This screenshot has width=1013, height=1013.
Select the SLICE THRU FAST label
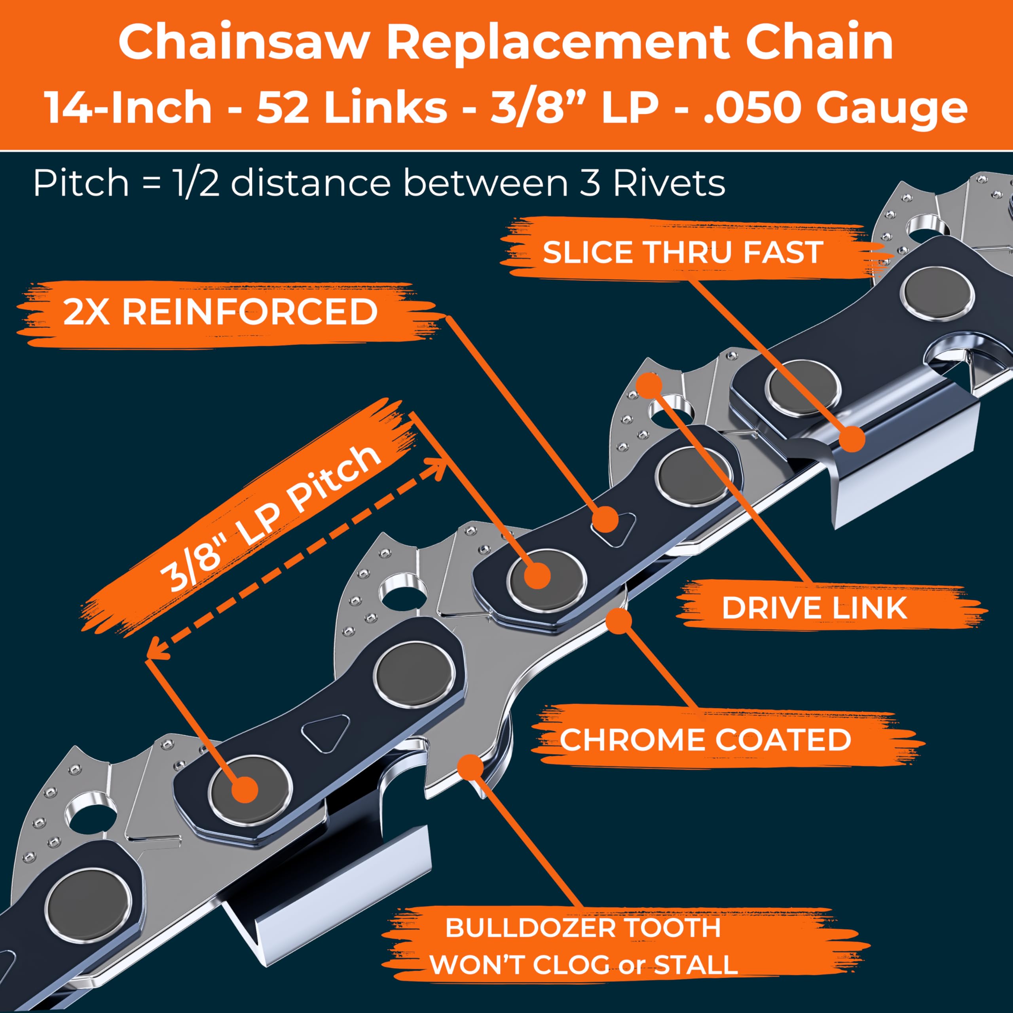[x=682, y=253]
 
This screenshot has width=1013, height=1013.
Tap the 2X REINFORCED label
[x=220, y=313]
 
